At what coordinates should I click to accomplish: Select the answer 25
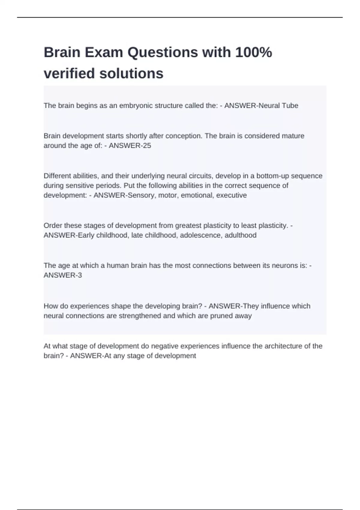(147, 145)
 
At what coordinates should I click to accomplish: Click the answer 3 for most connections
(79, 275)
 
